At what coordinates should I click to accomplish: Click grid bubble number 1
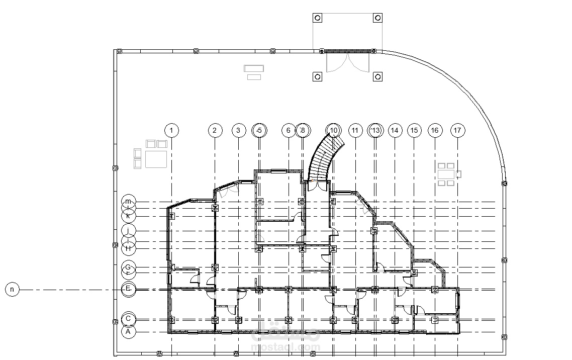point(172,131)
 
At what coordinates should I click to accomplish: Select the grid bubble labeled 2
point(215,131)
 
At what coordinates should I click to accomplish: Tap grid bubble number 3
point(238,131)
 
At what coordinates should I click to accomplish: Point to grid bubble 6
point(289,131)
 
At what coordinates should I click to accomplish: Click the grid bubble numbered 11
point(355,131)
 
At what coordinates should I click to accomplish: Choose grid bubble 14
point(395,131)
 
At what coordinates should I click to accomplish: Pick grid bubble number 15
point(414,131)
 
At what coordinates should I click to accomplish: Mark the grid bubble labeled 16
point(435,131)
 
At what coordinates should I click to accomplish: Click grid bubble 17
point(457,131)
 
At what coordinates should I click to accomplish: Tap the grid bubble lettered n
point(12,290)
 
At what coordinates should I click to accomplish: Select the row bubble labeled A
point(128,332)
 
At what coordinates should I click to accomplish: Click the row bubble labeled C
point(128,319)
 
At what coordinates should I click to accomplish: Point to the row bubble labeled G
point(128,266)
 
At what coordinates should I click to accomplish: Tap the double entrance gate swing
point(347,62)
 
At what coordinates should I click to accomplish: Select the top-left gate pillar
point(317,19)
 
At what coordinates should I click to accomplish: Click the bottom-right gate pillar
point(377,77)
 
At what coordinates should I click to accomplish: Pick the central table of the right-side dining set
point(446,174)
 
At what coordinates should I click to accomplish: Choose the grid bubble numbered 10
point(334,131)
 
